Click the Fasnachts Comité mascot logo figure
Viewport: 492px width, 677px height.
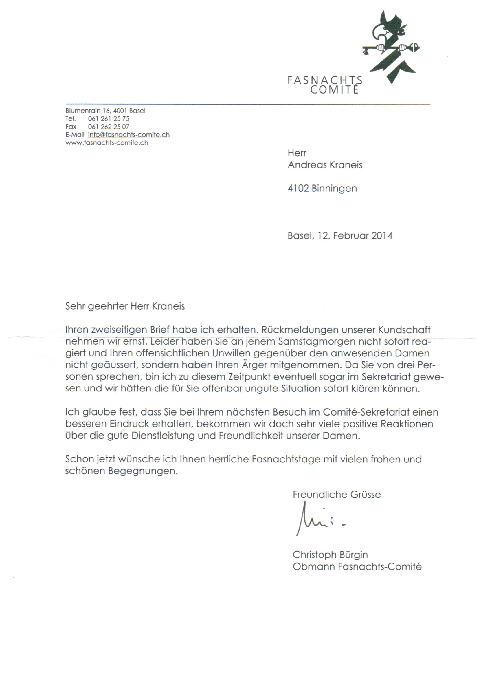391,48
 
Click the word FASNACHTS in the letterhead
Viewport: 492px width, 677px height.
325,80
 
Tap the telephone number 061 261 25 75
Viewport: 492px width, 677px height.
109,118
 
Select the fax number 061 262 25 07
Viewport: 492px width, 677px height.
109,127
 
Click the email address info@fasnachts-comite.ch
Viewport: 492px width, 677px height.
128,135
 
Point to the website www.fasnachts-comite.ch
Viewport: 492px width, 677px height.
107,143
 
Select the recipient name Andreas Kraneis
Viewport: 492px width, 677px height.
325,165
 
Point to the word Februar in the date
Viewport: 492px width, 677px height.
351,235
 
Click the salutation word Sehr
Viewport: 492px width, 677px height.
75,306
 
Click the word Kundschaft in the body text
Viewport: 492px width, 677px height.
404,330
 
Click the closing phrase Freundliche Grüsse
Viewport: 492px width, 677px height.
337,494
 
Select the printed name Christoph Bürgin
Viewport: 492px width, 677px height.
330,555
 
